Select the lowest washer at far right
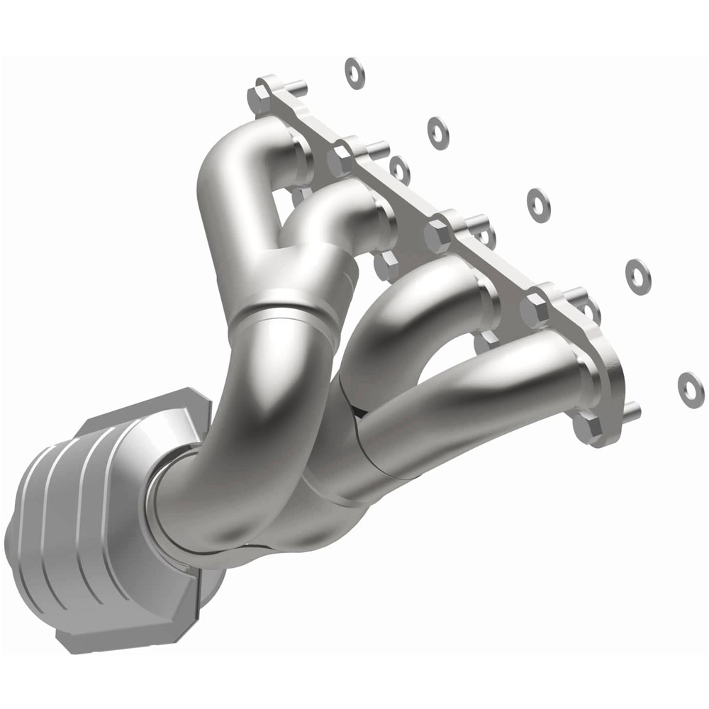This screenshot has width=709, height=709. tap(688, 384)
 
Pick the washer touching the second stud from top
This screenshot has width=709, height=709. tap(400, 169)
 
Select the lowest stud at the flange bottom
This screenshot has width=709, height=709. tap(631, 409)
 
